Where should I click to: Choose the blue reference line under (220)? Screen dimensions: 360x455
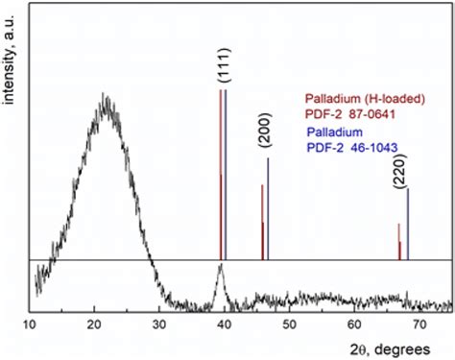coord(408,225)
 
